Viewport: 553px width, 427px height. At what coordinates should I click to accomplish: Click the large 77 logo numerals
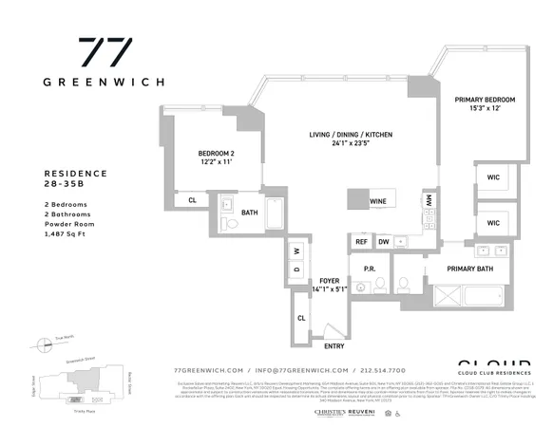pyautogui.click(x=105, y=53)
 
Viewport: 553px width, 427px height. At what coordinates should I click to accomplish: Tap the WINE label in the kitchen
pyautogui.click(x=378, y=201)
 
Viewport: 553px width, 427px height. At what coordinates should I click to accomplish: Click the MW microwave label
pyautogui.click(x=429, y=201)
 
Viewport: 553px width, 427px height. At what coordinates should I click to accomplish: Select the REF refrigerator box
pyautogui.click(x=361, y=242)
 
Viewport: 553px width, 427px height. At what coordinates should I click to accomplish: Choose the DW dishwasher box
pyautogui.click(x=383, y=242)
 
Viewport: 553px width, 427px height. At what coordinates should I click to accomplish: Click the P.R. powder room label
pyautogui.click(x=369, y=269)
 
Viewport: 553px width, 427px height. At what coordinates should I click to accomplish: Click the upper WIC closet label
pyautogui.click(x=494, y=176)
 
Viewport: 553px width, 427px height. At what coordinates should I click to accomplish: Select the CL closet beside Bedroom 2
pyautogui.click(x=192, y=200)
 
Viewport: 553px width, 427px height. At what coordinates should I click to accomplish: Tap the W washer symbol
pyautogui.click(x=296, y=251)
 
